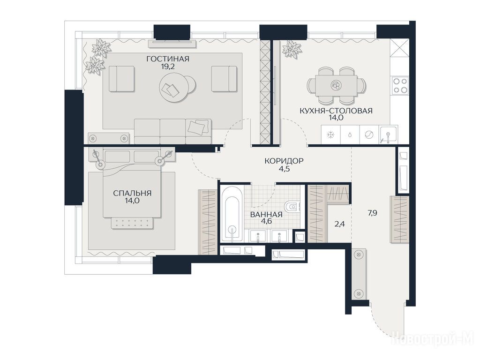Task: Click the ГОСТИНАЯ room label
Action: pyautogui.click(x=168, y=59)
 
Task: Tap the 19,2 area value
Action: pyautogui.click(x=168, y=67)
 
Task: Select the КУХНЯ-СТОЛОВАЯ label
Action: pyautogui.click(x=336, y=111)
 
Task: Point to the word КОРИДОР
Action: pyautogui.click(x=284, y=161)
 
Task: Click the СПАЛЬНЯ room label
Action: pyautogui.click(x=132, y=193)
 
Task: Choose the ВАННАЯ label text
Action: pyautogui.click(x=266, y=215)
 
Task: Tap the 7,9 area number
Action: pyautogui.click(x=372, y=213)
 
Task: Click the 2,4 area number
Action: pyautogui.click(x=340, y=224)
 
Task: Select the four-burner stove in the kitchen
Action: pyautogui.click(x=400, y=85)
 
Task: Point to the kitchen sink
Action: pyautogui.click(x=388, y=134)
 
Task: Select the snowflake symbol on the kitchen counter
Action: pyautogui.click(x=331, y=135)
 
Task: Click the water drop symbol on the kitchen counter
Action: pyautogui.click(x=350, y=135)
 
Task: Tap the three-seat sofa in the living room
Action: pyautogui.click(x=173, y=131)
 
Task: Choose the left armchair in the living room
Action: pyautogui.click(x=121, y=79)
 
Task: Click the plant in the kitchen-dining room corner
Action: pyautogui.click(x=292, y=49)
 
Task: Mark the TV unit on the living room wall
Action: pyautogui.click(x=172, y=44)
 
